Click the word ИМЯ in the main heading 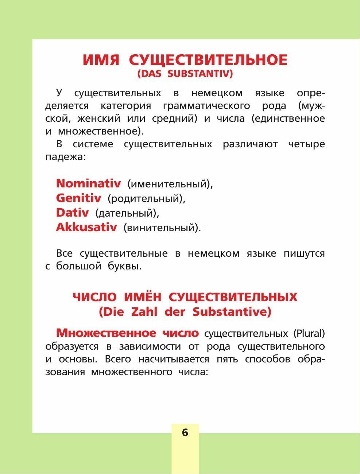point(101,60)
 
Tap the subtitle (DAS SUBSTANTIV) point(185,74)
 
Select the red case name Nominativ point(88,183)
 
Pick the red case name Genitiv point(78,198)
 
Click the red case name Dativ point(72,213)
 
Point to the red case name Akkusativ point(86,227)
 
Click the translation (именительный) point(170,184)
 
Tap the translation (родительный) point(146,199)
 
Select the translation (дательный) point(127,213)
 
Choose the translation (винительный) point(162,228)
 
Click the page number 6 point(185,432)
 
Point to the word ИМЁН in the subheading point(142,297)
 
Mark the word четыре point(306,144)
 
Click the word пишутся point(304,253)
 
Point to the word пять point(228,359)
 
